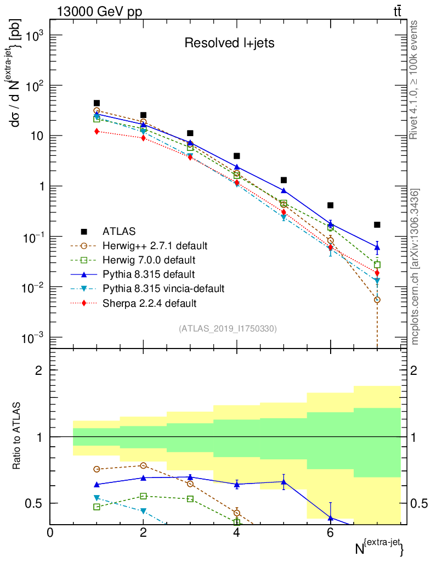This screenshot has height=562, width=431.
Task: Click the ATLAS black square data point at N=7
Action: pyautogui.click(x=377, y=224)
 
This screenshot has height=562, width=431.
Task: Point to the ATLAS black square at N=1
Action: pyautogui.click(x=97, y=103)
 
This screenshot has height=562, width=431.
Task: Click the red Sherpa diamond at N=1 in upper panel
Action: pyautogui.click(x=97, y=131)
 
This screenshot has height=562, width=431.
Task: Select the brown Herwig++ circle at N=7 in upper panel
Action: pyautogui.click(x=377, y=300)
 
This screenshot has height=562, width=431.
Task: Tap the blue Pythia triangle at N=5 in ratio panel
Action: pyautogui.click(x=283, y=482)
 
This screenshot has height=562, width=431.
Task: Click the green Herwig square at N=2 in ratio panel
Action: pyautogui.click(x=144, y=496)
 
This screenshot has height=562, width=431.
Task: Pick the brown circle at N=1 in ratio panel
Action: pyautogui.click(x=97, y=469)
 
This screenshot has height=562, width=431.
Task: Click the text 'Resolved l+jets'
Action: pyautogui.click(x=229, y=43)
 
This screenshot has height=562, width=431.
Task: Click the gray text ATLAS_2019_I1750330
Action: pyautogui.click(x=228, y=329)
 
